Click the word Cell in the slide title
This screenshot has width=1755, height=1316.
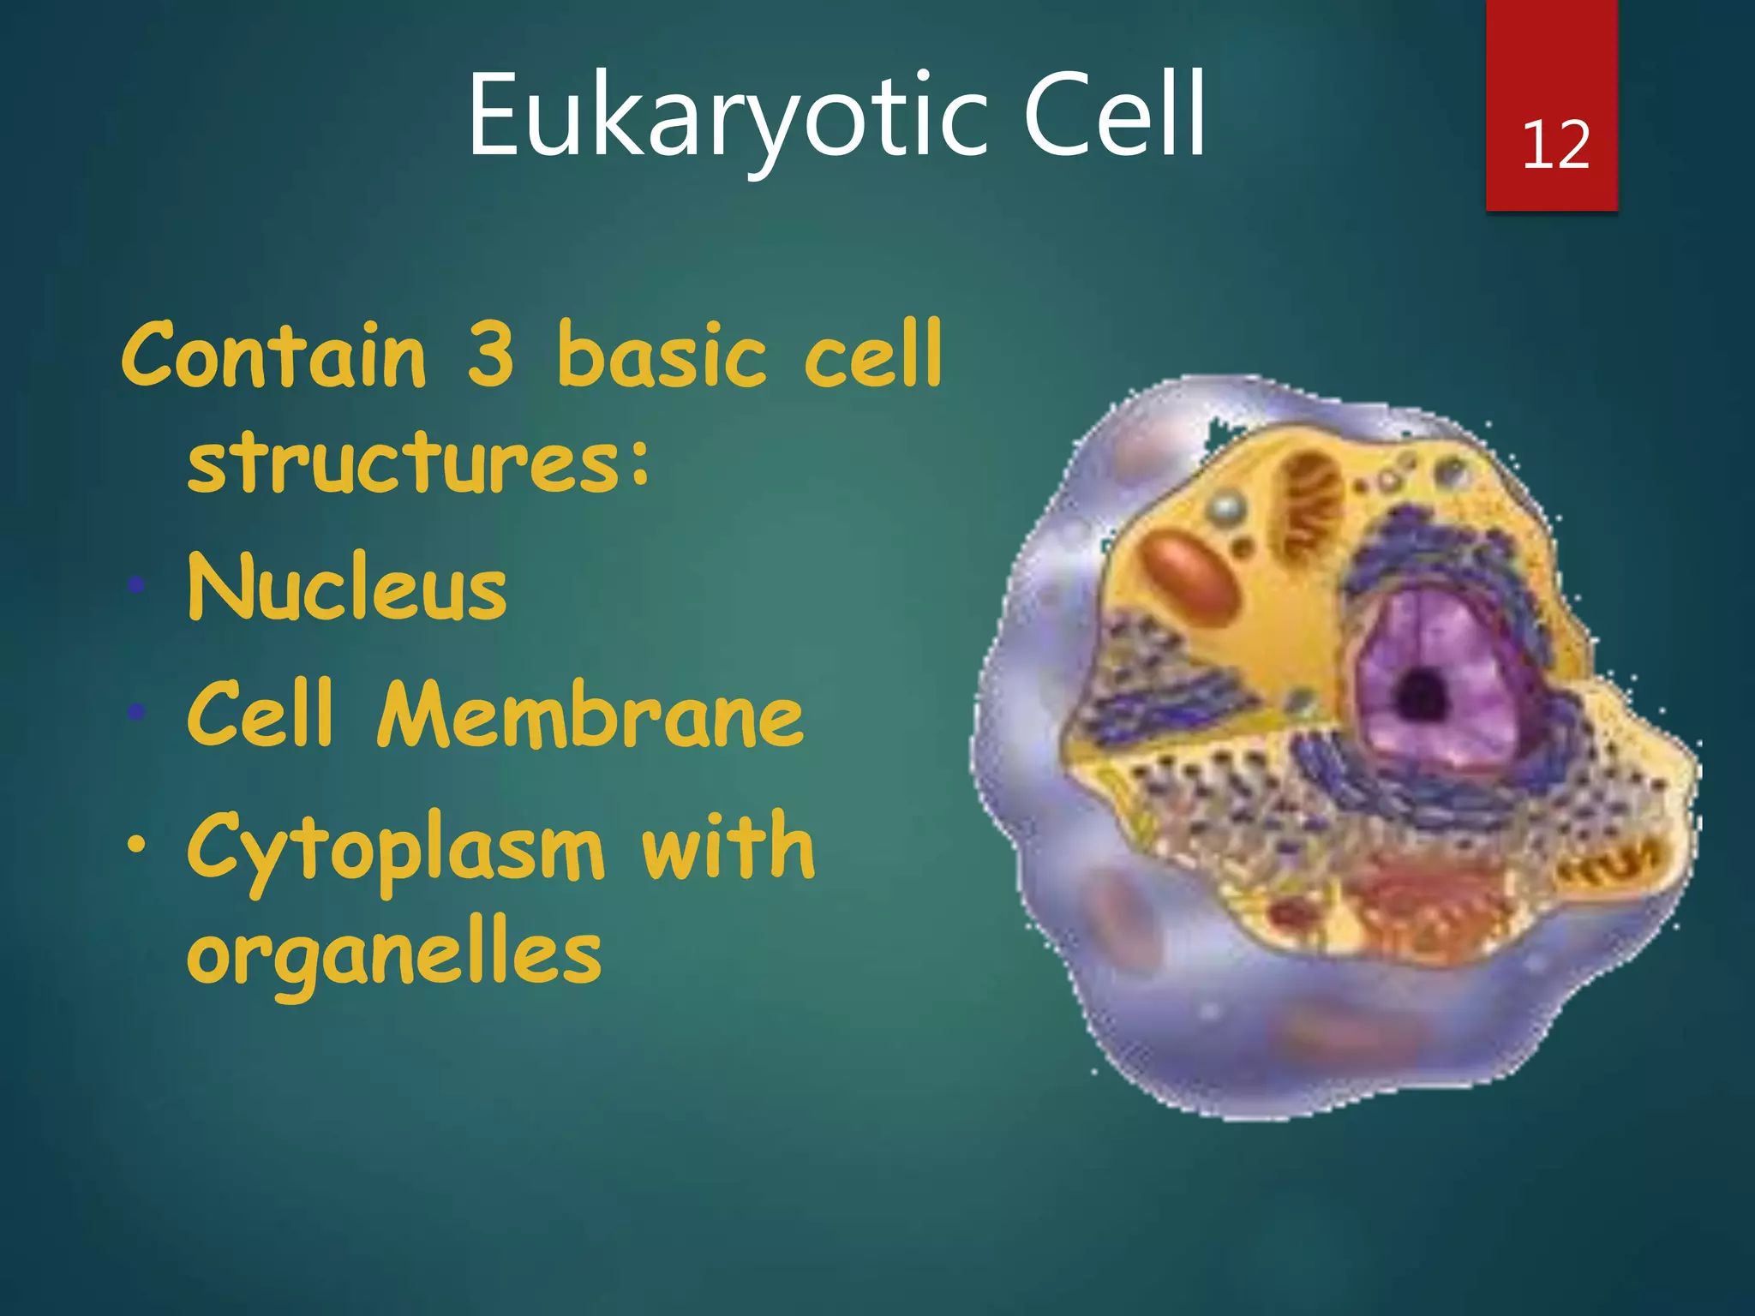[1114, 116]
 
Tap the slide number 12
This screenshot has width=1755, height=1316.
[1555, 146]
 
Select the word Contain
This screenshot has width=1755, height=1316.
[274, 356]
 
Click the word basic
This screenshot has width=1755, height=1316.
[661, 356]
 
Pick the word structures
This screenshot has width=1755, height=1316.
[403, 463]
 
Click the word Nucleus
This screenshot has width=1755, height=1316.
[347, 589]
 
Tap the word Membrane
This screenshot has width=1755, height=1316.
[590, 715]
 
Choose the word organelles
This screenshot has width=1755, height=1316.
[394, 955]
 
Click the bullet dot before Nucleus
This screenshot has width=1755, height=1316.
[135, 586]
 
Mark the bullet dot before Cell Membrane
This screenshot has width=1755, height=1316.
[135, 711]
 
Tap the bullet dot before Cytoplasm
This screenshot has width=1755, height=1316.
[135, 845]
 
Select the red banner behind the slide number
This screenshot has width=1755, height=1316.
[1551, 51]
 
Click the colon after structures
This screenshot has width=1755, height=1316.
[640, 467]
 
